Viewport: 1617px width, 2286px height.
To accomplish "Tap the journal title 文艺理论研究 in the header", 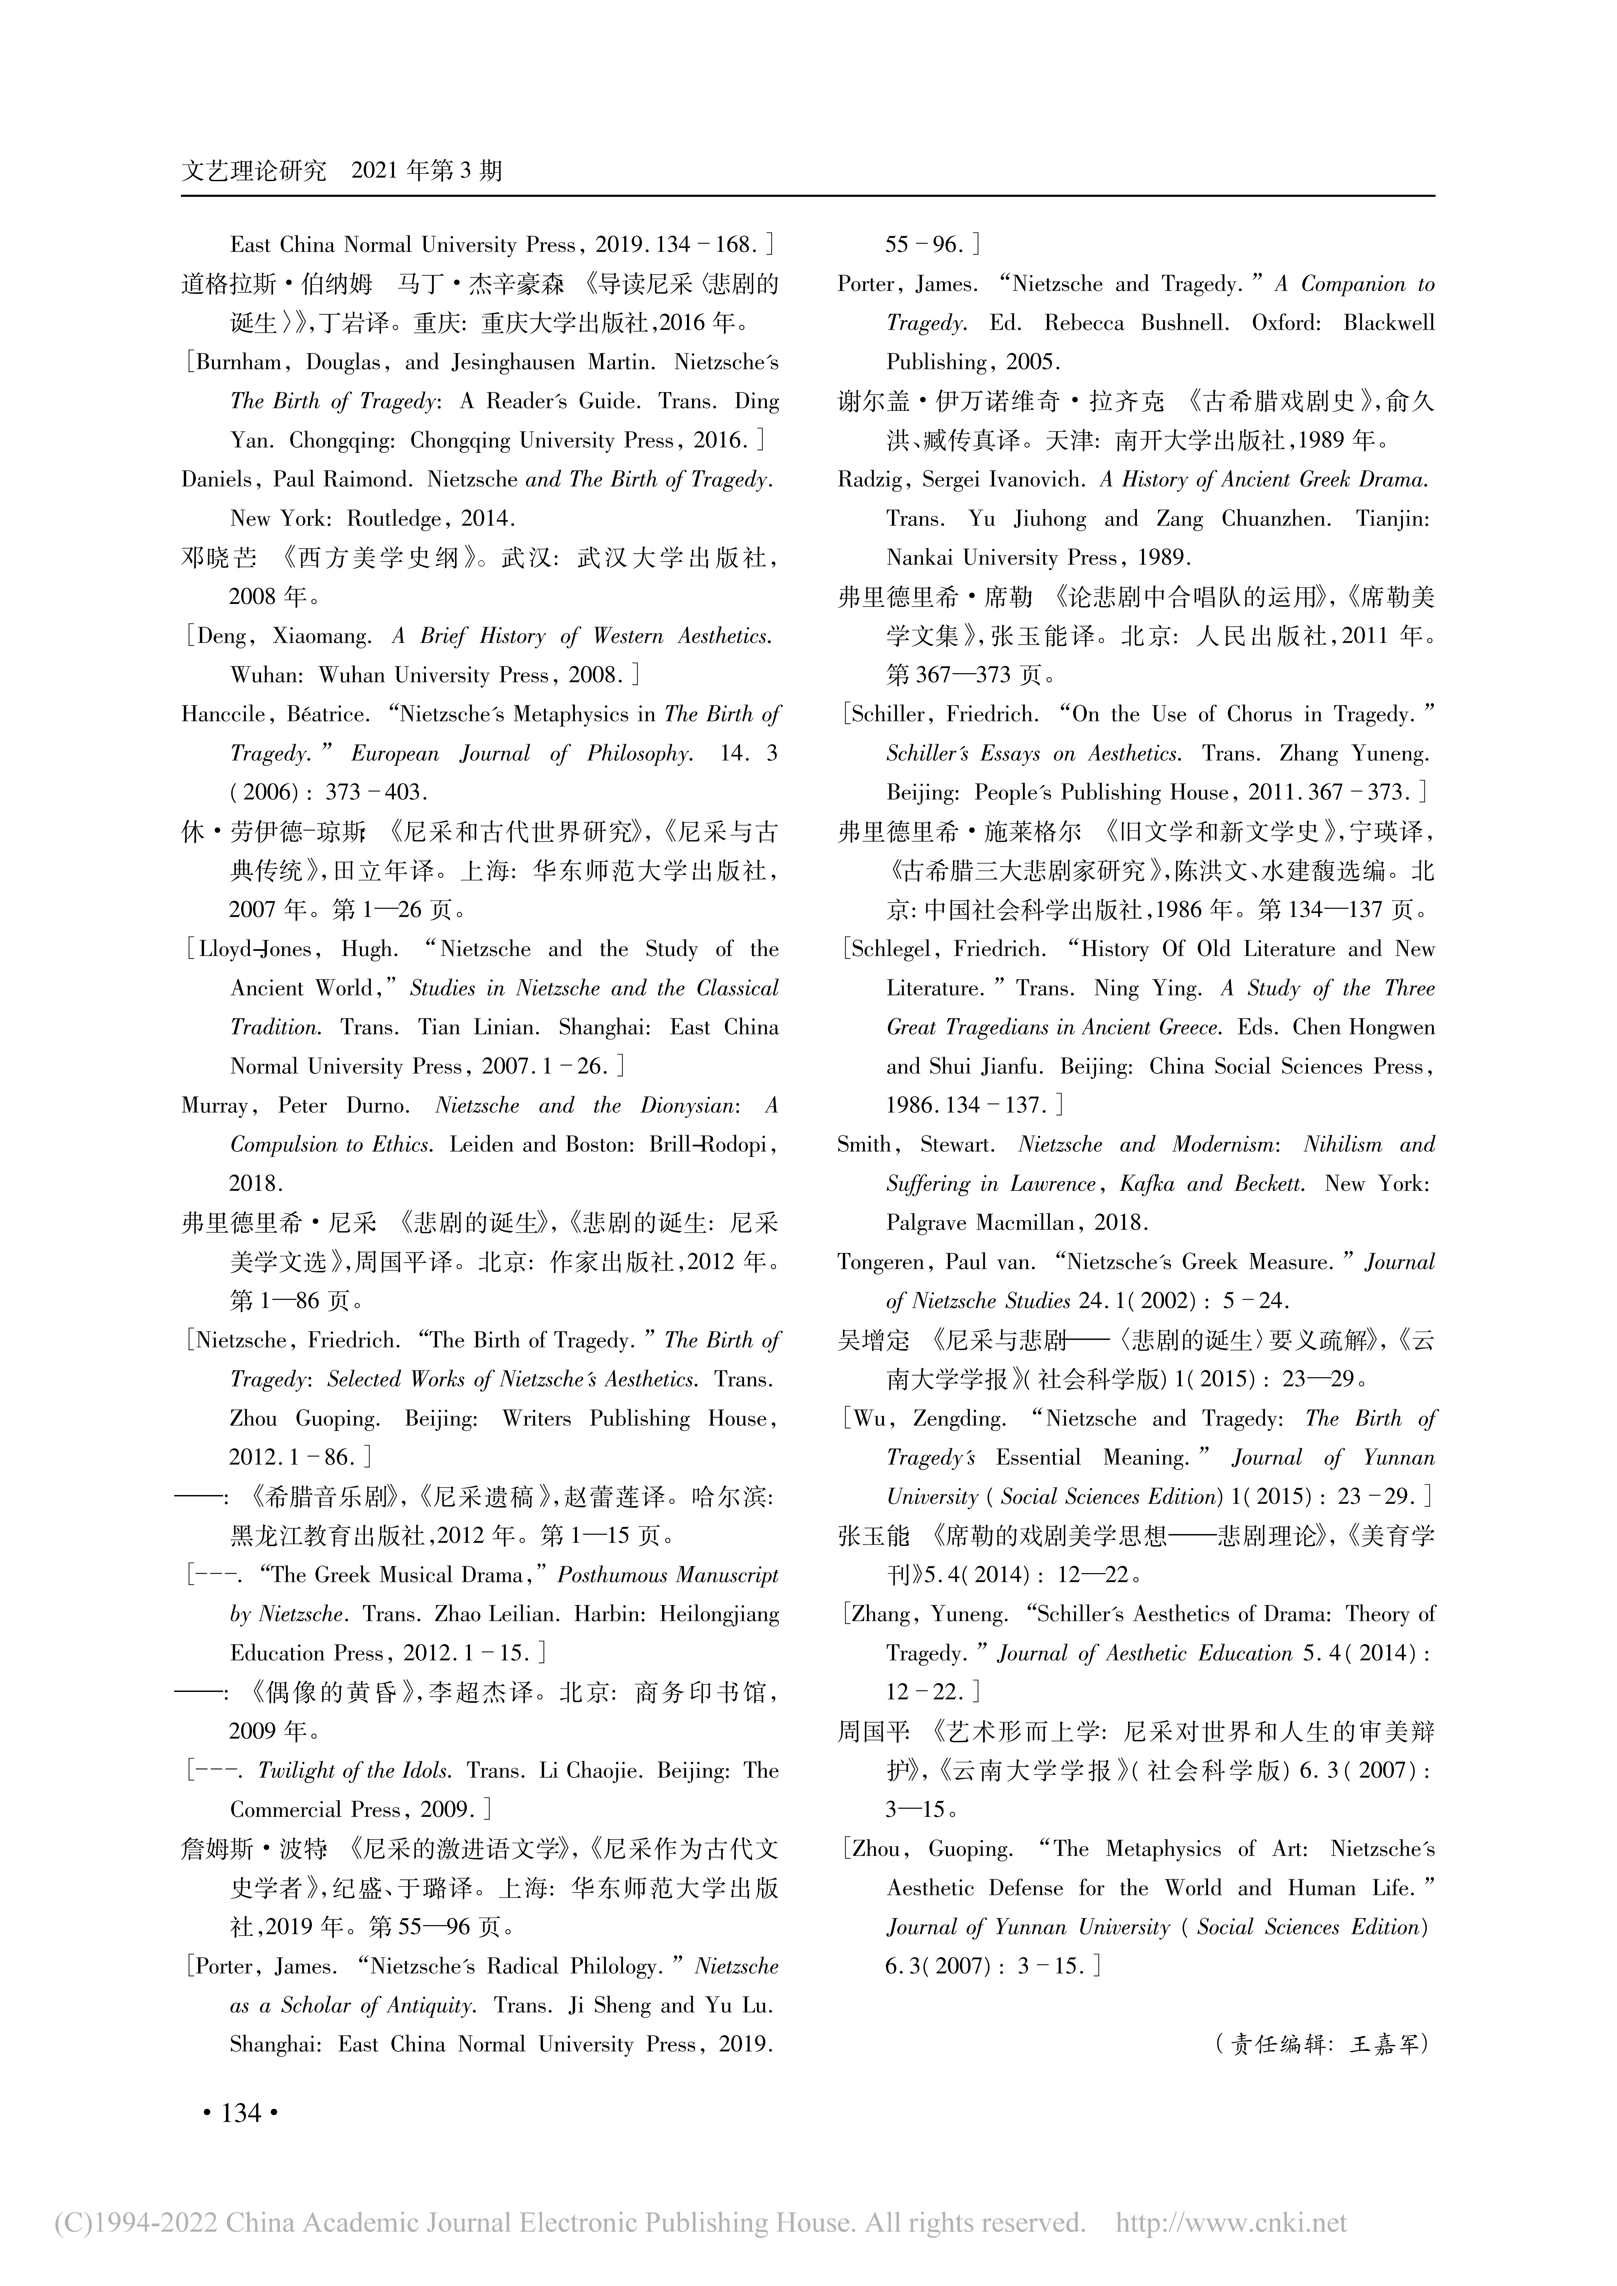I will [254, 171].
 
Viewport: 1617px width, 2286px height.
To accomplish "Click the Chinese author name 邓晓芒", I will [218, 558].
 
